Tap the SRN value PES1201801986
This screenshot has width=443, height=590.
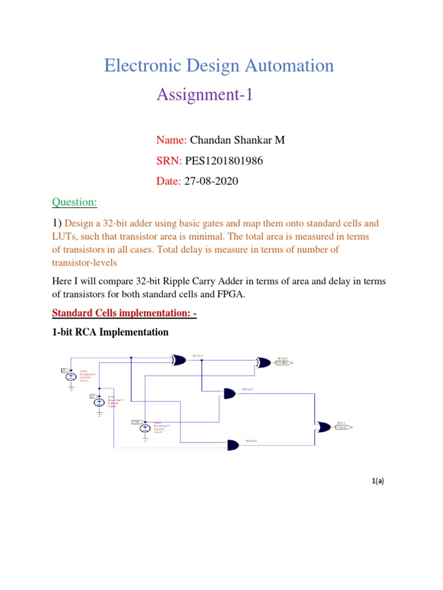224,161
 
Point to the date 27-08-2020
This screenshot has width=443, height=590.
211,181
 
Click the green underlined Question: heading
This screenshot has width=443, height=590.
74,202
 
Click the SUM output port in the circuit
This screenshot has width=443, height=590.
282,363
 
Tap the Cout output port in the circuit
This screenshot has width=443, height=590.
341,428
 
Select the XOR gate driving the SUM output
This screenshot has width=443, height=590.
264,363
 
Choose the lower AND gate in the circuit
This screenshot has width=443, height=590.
234,445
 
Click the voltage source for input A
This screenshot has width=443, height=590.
70,376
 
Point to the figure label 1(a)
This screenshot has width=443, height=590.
378,482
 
